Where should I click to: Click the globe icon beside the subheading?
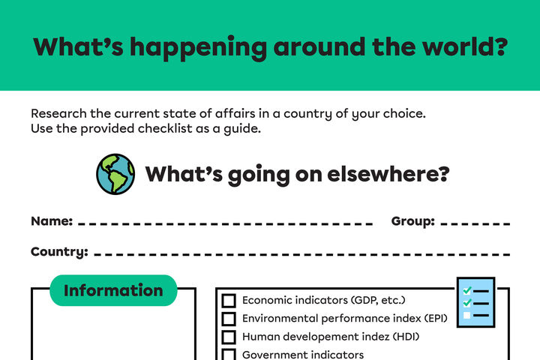(115, 174)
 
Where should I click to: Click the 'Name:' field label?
(52, 221)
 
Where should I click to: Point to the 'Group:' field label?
(412, 221)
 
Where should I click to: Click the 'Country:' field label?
(59, 251)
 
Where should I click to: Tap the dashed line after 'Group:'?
(476, 224)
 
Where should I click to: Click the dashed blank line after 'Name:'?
(225, 224)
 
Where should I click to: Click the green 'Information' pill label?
(113, 290)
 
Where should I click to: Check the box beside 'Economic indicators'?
(229, 301)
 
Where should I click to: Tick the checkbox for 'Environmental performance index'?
(229, 319)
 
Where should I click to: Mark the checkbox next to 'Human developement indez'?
(229, 337)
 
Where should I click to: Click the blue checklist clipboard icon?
(475, 302)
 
